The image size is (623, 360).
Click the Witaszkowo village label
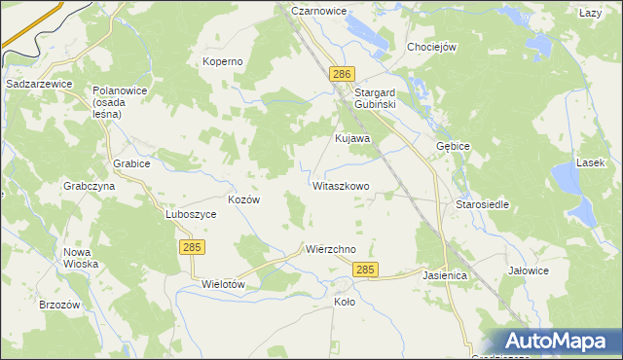(x=341, y=185)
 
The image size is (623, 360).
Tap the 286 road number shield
(x=341, y=75)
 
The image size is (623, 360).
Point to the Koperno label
(x=222, y=61)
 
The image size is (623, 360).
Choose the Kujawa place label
(x=352, y=138)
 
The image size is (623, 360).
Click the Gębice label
(x=453, y=146)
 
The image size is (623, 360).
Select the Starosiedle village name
(x=483, y=205)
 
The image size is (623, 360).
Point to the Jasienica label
(x=445, y=276)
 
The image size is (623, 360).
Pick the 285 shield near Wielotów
(x=192, y=249)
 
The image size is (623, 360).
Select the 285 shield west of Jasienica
(x=365, y=270)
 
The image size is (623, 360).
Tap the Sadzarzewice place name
(x=40, y=85)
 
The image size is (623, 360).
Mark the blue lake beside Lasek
(x=565, y=180)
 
